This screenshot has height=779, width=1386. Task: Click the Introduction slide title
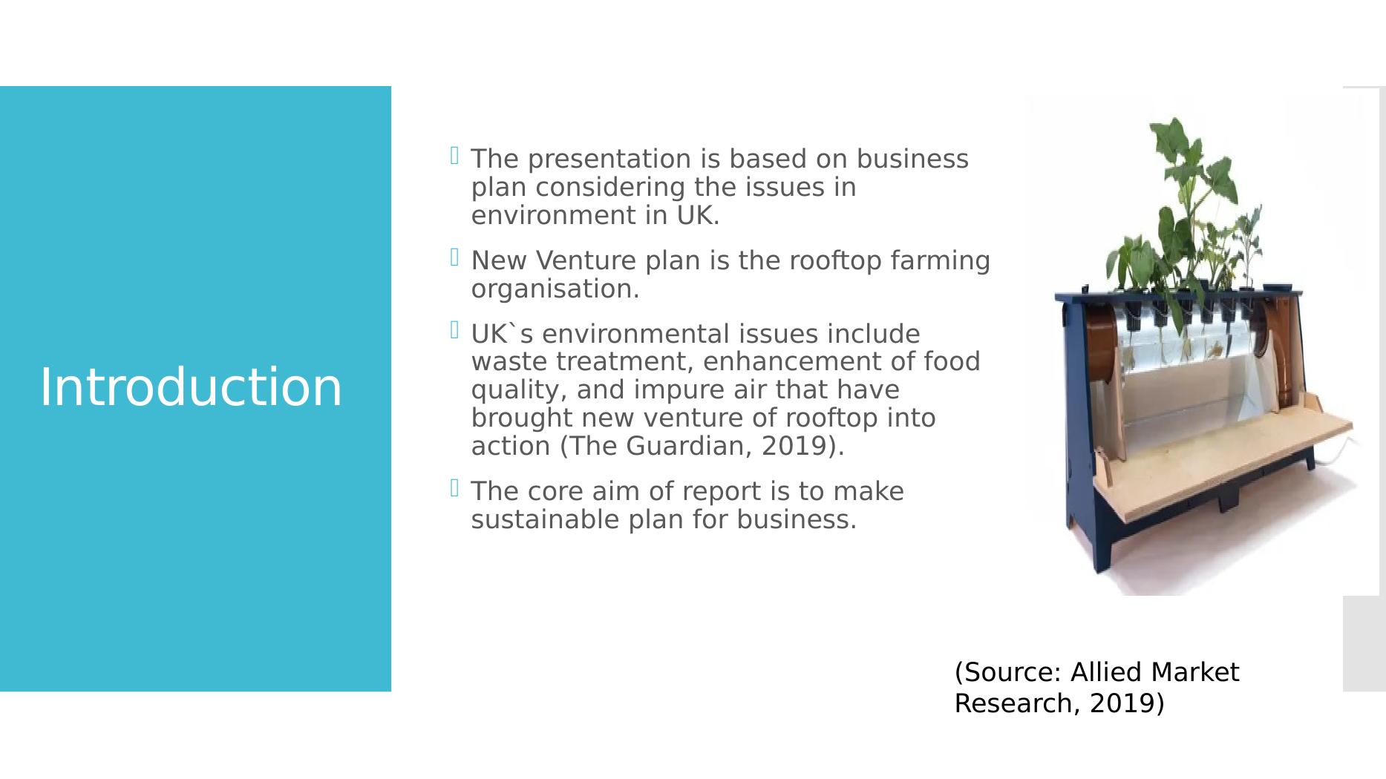click(x=191, y=387)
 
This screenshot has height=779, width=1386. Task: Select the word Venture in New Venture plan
click(x=586, y=260)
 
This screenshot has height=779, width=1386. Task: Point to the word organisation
click(x=555, y=289)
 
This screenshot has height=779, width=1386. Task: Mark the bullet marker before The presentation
click(x=454, y=156)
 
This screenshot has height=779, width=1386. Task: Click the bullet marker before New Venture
click(x=454, y=257)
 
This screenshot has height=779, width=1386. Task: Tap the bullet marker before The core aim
click(x=454, y=488)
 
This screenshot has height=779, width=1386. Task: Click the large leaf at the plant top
click(x=1180, y=141)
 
